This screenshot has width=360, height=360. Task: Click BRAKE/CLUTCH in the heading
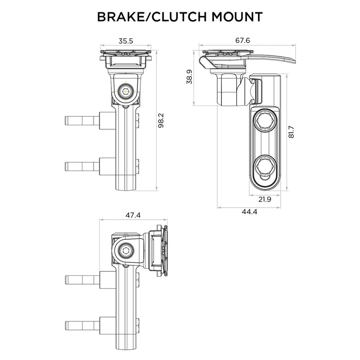(146, 17)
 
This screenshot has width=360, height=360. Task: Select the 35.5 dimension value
(126, 40)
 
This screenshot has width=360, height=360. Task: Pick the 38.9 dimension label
(189, 77)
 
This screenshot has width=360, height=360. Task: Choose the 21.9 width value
(264, 199)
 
